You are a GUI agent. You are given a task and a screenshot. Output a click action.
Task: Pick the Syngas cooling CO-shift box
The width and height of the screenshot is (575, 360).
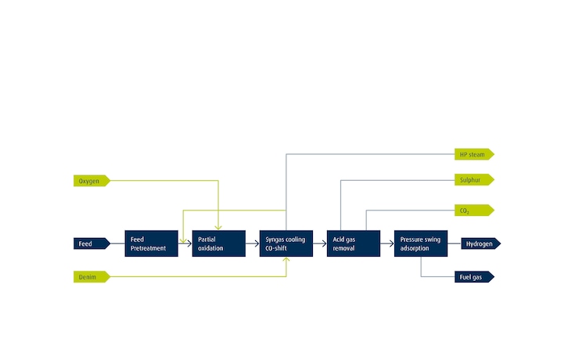286,243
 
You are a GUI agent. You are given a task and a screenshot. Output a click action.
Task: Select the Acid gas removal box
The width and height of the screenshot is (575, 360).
354,243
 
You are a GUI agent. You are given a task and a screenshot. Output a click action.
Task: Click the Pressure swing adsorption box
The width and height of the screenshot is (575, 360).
421,243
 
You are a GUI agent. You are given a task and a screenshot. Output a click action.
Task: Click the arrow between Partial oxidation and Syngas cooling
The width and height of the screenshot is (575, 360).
253,243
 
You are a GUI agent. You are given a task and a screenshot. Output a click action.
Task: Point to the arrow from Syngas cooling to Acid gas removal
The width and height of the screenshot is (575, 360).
320,243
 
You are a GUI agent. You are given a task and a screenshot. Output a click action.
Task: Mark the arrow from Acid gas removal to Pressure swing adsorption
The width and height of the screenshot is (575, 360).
387,243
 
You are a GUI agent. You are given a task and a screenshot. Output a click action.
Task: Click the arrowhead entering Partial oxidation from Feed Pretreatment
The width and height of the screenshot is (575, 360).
189,243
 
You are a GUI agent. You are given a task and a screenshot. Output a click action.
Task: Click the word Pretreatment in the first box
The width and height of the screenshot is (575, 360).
149,248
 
